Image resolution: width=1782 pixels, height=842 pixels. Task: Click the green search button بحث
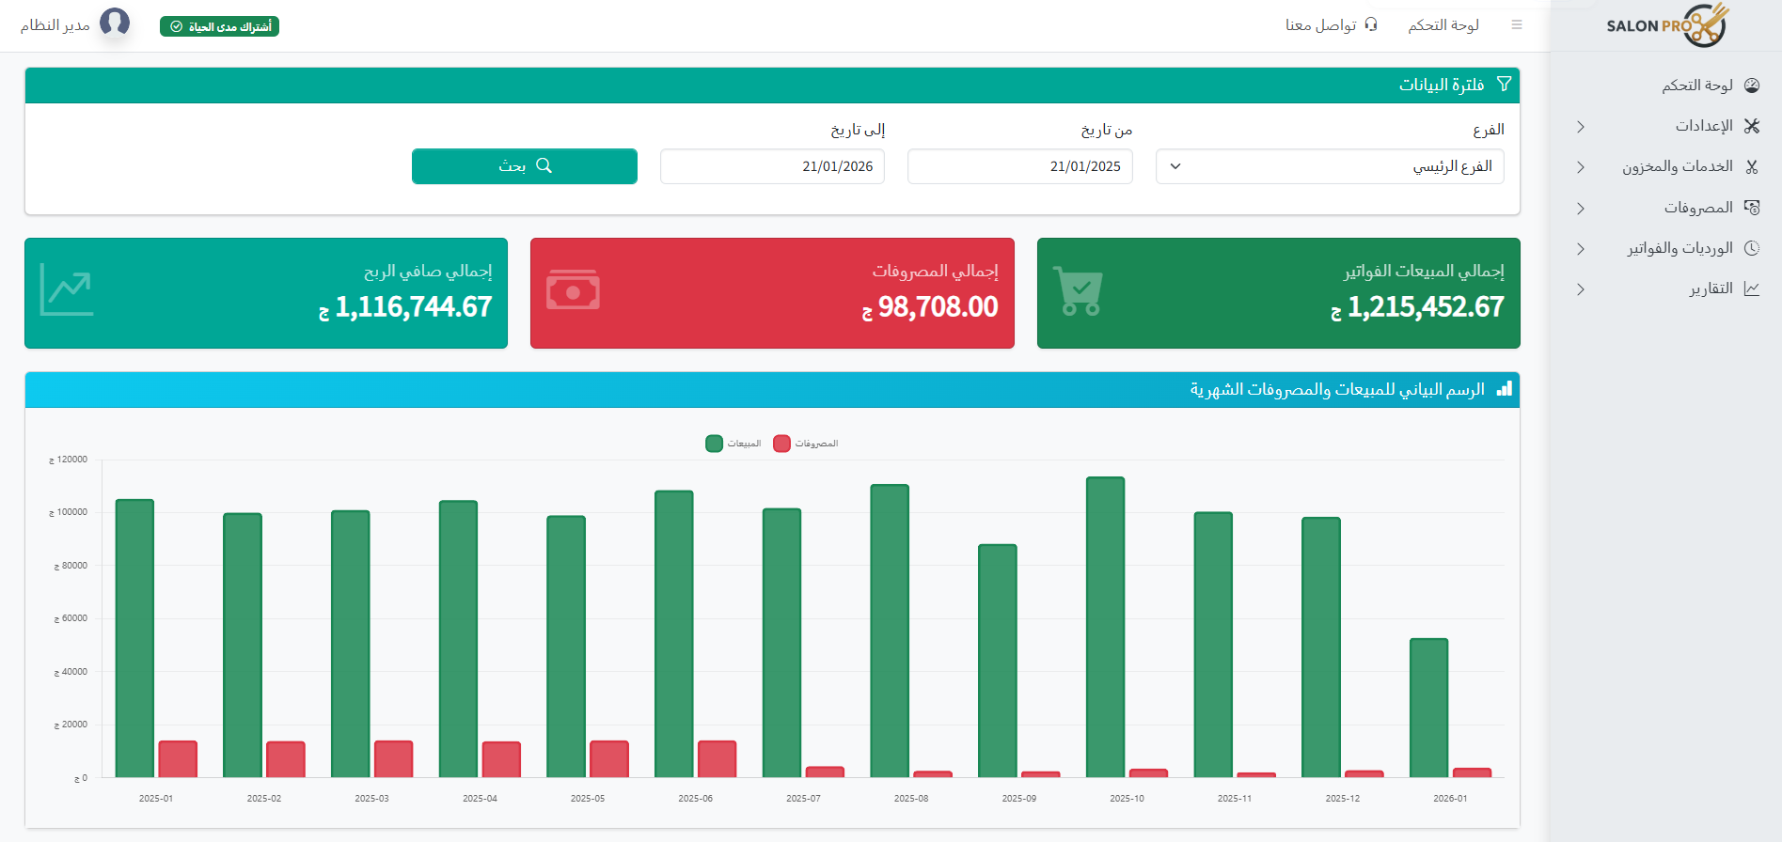pyautogui.click(x=525, y=166)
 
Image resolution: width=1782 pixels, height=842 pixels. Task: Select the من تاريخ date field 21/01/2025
pyautogui.click(x=1019, y=166)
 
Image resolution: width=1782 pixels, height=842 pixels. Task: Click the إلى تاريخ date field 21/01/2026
pyautogui.click(x=772, y=166)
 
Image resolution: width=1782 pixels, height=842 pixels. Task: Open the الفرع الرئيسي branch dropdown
pyautogui.click(x=1330, y=166)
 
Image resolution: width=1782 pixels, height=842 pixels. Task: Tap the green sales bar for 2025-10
pyautogui.click(x=1105, y=627)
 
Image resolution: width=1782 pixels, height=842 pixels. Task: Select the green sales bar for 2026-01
pyautogui.click(x=1428, y=708)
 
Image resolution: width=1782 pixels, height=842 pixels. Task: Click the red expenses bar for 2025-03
pyautogui.click(x=393, y=759)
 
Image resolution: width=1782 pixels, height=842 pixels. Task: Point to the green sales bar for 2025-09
pyautogui.click(x=997, y=661)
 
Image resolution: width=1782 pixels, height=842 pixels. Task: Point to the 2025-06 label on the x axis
pyautogui.click(x=695, y=799)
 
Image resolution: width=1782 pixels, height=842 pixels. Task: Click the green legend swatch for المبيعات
pyautogui.click(x=714, y=444)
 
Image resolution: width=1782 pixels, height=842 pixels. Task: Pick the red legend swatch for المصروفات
pyautogui.click(x=781, y=444)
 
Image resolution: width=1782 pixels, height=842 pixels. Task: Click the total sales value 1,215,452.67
pyautogui.click(x=1425, y=307)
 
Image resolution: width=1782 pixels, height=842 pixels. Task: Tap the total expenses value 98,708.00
pyautogui.click(x=938, y=307)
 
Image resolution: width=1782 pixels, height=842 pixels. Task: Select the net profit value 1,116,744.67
pyautogui.click(x=413, y=307)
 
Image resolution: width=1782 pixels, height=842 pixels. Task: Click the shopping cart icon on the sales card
pyautogui.click(x=1078, y=291)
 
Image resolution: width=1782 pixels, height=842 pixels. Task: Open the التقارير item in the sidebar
pyautogui.click(x=1711, y=288)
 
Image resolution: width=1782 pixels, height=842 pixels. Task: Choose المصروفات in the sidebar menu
pyautogui.click(x=1698, y=208)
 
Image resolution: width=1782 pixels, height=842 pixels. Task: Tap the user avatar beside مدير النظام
pyautogui.click(x=115, y=22)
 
